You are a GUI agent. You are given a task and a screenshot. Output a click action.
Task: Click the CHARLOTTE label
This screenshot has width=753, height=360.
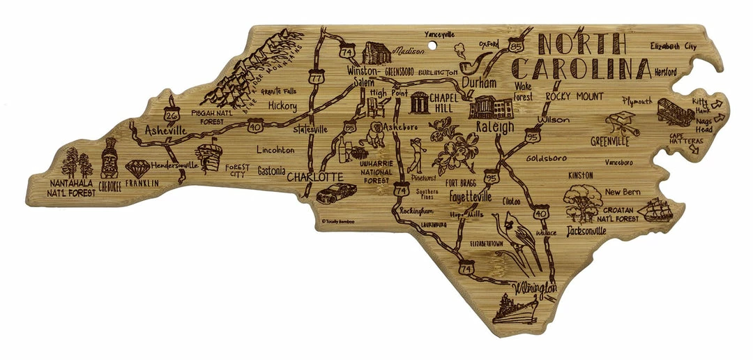point(314,177)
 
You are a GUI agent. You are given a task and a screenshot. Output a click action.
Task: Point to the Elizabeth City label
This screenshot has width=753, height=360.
point(672,46)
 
